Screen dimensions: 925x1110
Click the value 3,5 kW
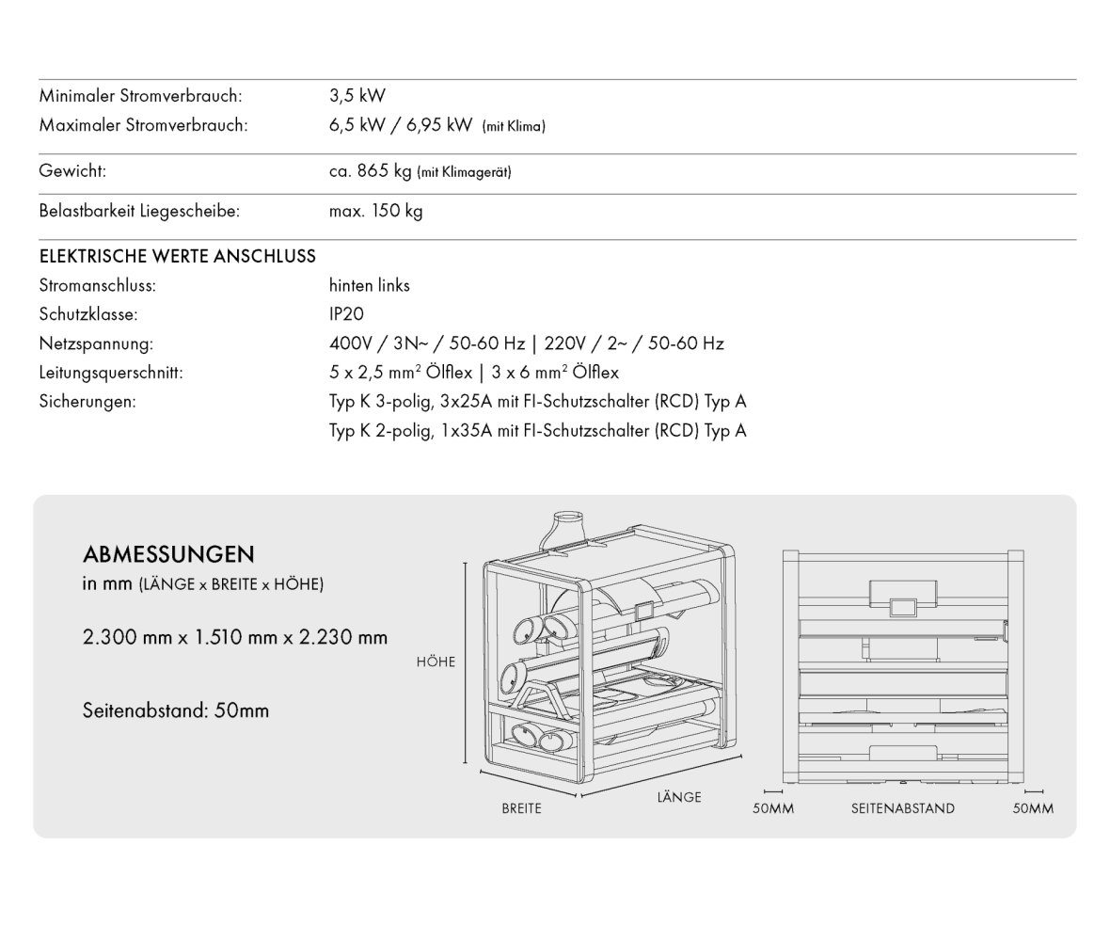pos(357,96)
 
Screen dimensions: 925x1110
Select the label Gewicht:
pos(72,172)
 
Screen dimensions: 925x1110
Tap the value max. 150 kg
pos(375,211)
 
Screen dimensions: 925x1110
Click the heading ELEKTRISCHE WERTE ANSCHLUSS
pos(178,256)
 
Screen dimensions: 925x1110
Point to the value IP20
pos(346,314)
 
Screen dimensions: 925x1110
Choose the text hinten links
pos(370,285)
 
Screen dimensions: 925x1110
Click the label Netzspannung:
pos(96,343)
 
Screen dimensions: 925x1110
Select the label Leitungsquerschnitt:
pos(111,373)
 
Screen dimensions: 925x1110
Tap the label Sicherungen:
pos(87,402)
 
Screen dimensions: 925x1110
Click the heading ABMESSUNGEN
pos(168,553)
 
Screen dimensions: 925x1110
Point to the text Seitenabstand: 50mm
pos(176,710)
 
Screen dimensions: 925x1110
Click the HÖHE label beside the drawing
pos(436,662)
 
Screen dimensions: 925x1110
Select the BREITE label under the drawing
pos(521,808)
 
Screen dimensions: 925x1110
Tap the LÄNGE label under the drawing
pos(679,797)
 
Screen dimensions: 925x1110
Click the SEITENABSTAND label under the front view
pos(902,808)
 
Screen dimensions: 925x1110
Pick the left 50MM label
pos(774,808)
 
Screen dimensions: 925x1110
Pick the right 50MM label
pos(1033,808)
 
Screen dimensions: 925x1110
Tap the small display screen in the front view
pos(903,607)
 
